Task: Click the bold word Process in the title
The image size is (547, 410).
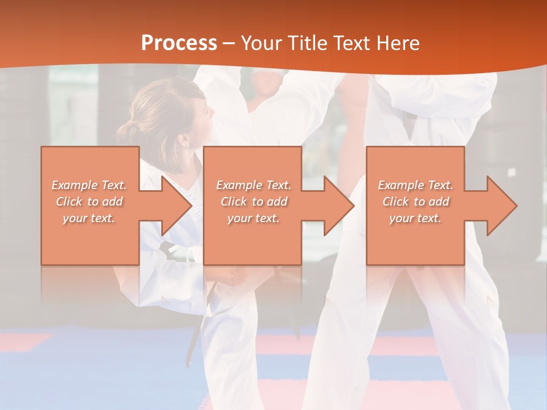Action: (x=179, y=43)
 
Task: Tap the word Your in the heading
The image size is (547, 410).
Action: (x=261, y=43)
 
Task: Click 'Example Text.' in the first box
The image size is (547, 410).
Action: (x=89, y=185)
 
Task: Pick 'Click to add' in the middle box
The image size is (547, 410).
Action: (x=254, y=202)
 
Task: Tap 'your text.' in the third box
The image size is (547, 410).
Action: (x=415, y=218)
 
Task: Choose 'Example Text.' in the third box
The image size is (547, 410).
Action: (x=415, y=185)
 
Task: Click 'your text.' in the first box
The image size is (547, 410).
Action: (x=89, y=218)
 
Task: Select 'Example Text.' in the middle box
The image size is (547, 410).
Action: (x=254, y=185)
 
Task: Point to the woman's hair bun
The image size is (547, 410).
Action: (x=127, y=132)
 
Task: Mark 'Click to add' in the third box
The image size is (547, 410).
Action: (x=415, y=202)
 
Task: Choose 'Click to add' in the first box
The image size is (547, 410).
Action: (x=89, y=202)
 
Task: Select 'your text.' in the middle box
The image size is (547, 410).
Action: (x=254, y=218)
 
